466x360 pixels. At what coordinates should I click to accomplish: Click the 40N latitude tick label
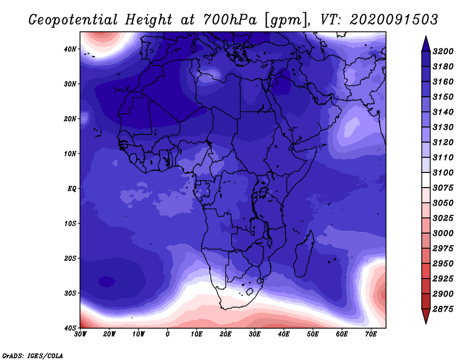[x=70, y=49]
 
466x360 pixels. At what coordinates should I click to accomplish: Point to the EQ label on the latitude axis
[x=72, y=189]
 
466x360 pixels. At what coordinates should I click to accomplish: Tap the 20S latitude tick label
[x=70, y=258]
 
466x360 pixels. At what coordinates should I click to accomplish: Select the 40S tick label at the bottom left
[x=70, y=328]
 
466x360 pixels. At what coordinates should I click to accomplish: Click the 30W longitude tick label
[x=80, y=334]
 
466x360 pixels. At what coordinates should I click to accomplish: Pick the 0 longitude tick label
[x=168, y=334]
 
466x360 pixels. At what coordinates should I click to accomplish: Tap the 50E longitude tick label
[x=313, y=334]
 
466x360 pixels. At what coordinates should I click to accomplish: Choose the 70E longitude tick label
[x=371, y=334]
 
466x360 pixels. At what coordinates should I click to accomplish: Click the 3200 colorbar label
[x=443, y=51]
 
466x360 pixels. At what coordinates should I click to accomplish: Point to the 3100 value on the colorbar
[x=443, y=172]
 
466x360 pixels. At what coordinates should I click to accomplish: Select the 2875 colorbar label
[x=443, y=309]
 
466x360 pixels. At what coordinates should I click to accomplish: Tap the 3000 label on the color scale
[x=443, y=234]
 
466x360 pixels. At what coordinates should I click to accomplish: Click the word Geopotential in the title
[x=73, y=20]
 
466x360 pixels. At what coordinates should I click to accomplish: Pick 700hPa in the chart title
[x=230, y=20]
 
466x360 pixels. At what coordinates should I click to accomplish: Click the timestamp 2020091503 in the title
[x=394, y=20]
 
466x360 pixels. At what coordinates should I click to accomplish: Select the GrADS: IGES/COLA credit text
[x=33, y=356]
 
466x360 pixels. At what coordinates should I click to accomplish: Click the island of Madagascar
[x=304, y=253]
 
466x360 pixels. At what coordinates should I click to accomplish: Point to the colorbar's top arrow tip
[x=426, y=36]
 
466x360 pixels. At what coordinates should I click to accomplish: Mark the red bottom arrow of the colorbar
[x=426, y=316]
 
